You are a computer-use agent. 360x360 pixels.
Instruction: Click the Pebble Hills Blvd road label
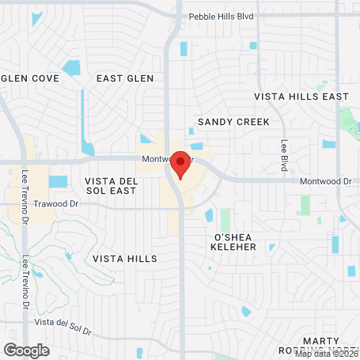click(222, 16)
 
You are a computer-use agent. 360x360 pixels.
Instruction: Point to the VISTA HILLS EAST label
click(301, 97)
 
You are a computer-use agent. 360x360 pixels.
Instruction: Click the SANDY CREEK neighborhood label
click(233, 122)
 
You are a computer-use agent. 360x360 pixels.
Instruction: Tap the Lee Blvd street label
click(283, 155)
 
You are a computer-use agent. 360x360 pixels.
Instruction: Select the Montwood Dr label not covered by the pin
click(325, 181)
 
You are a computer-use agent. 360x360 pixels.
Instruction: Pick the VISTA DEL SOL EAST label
click(112, 187)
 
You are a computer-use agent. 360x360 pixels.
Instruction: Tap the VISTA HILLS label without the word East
click(124, 259)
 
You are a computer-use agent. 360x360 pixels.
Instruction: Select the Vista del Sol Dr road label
click(63, 322)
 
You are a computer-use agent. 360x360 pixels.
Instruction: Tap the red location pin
click(180, 164)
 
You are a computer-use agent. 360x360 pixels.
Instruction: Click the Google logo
click(26, 349)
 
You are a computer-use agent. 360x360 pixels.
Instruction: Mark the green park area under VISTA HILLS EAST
click(348, 123)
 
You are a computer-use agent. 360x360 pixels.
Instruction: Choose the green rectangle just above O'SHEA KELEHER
click(225, 220)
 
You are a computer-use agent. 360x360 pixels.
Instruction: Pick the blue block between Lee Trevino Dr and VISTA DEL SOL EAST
click(58, 181)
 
